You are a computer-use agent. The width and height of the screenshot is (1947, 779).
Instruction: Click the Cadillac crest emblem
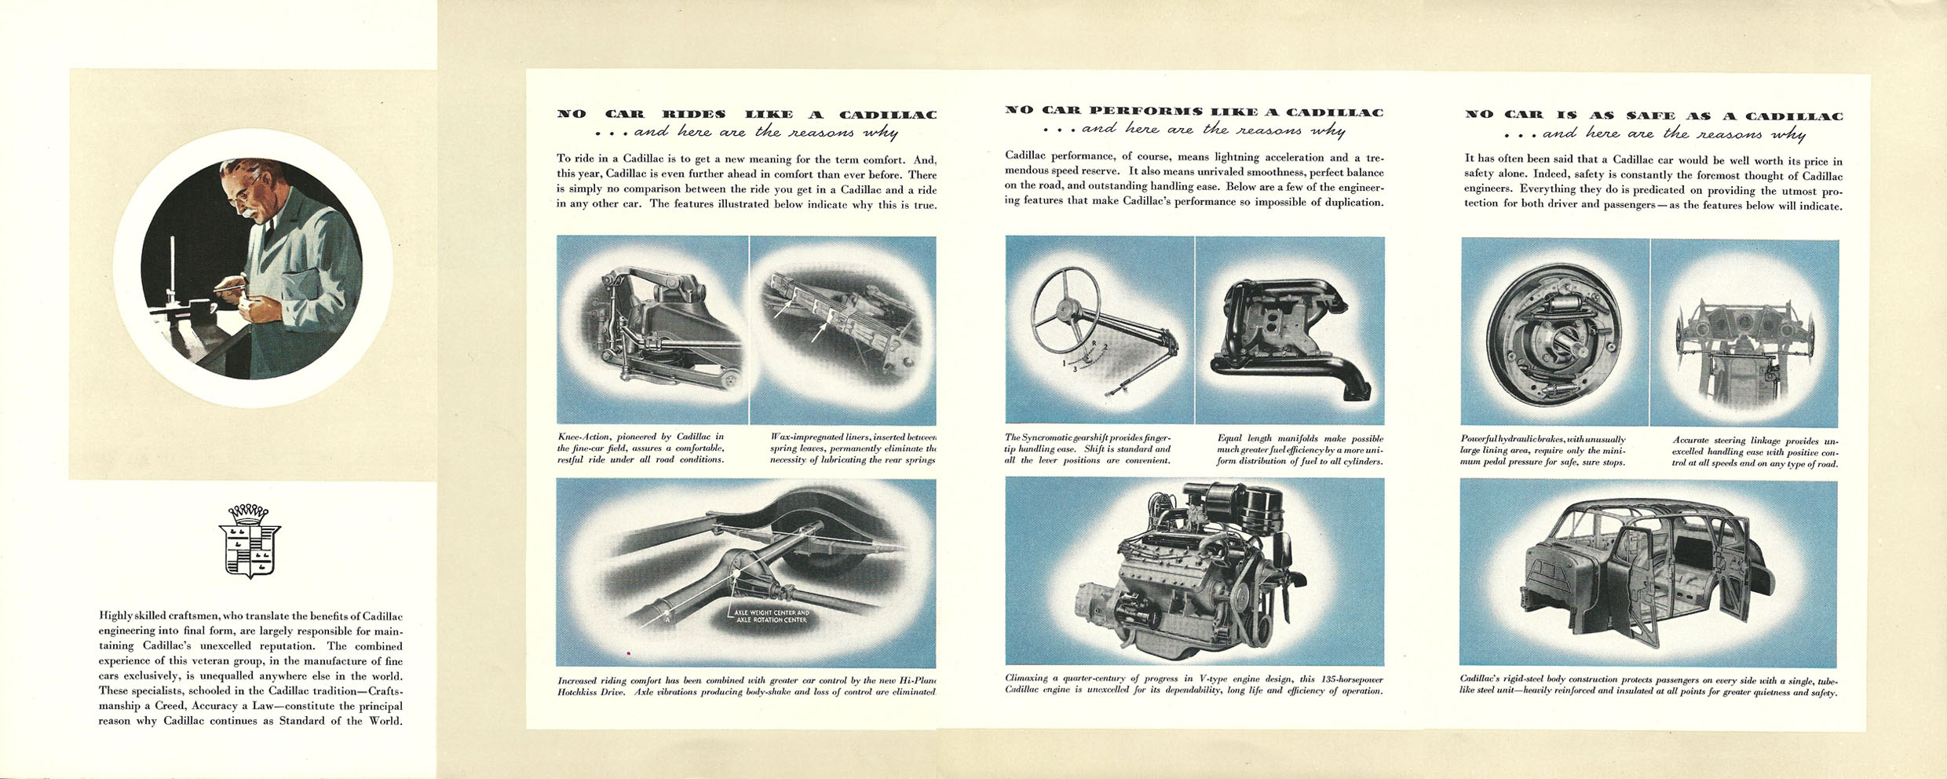point(249,541)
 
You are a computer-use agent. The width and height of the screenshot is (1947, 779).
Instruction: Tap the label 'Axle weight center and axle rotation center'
point(772,616)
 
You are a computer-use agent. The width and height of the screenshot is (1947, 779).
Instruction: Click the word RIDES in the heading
point(694,115)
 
